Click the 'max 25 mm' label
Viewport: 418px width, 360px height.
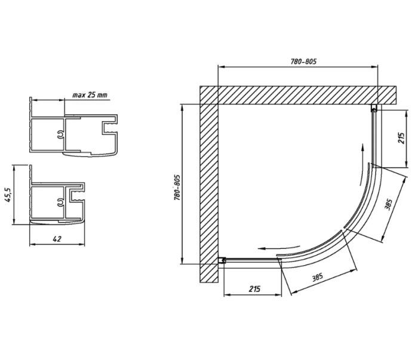(x=90, y=95)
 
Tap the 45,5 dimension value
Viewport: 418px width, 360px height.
(x=8, y=195)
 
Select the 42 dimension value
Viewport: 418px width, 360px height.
(x=57, y=239)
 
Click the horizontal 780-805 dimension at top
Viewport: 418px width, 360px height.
(x=303, y=61)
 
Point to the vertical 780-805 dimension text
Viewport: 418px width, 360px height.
(x=177, y=187)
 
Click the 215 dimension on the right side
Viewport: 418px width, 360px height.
(x=401, y=138)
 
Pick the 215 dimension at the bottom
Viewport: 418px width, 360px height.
(x=254, y=289)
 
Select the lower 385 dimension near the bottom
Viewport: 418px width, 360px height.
(x=318, y=277)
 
